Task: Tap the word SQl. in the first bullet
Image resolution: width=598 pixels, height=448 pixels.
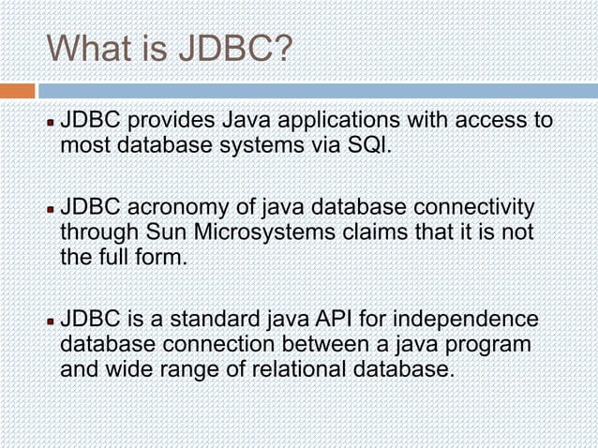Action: coord(368,146)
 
